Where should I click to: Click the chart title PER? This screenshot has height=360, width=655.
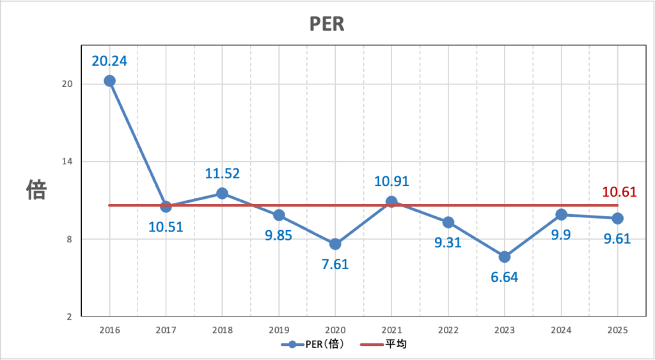327,24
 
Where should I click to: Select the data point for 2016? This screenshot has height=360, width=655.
109,81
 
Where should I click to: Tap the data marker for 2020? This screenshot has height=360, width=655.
335,244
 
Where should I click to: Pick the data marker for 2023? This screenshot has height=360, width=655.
504,257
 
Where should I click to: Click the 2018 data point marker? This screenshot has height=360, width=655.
222,193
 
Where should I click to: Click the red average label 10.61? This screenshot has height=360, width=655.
619,191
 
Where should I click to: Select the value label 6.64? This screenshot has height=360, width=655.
504,278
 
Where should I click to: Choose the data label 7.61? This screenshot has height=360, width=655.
335,265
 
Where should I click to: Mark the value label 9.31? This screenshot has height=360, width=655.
448,243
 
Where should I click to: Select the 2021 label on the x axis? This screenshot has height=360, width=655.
391,330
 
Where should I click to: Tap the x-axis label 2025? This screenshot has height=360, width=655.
617,330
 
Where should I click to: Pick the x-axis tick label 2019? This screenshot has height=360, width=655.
279,330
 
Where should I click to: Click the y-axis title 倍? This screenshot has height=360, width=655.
36,189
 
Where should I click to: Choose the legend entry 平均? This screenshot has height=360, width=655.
395,345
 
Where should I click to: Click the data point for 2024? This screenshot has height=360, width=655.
561,214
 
